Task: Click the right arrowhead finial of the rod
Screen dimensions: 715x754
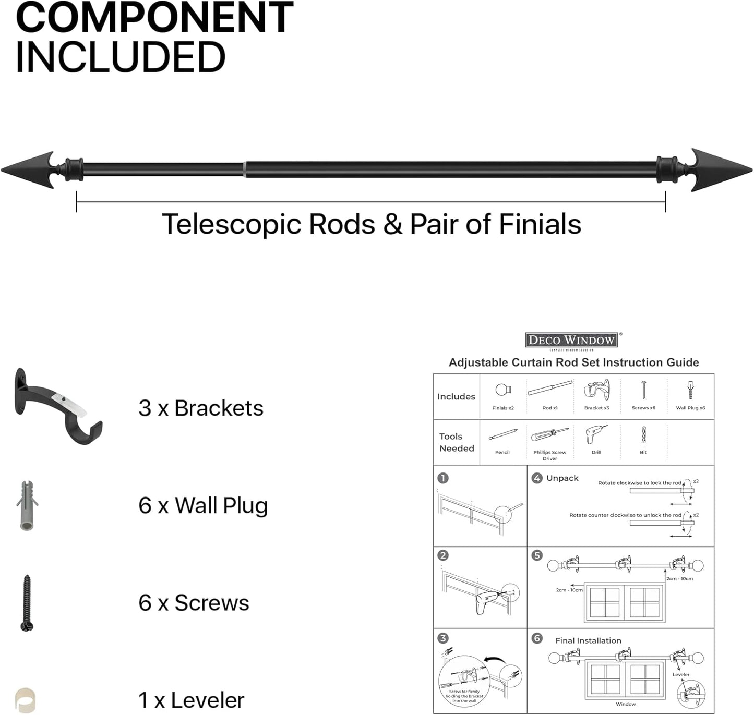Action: (x=723, y=170)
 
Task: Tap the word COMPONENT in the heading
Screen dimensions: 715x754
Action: (x=154, y=18)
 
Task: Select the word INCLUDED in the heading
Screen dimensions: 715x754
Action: (x=121, y=57)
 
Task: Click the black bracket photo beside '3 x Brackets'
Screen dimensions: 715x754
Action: (x=57, y=404)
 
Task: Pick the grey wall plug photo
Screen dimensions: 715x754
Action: (x=27, y=505)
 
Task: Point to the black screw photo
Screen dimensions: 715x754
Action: (x=27, y=603)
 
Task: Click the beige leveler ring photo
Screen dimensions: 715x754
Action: (x=25, y=700)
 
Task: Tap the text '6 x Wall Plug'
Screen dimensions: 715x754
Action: (x=203, y=506)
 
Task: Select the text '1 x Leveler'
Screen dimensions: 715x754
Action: (x=191, y=700)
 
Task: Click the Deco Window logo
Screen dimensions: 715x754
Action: (x=571, y=341)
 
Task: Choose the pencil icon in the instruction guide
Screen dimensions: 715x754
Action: (x=503, y=434)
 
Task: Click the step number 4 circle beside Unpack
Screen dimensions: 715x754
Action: (x=537, y=478)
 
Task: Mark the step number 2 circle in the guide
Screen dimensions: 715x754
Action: (x=443, y=555)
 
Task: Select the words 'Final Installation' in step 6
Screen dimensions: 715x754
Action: (x=588, y=640)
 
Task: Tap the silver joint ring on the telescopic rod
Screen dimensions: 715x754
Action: (x=244, y=170)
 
